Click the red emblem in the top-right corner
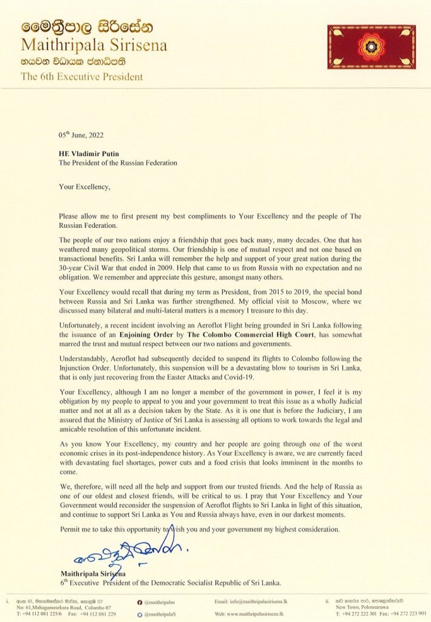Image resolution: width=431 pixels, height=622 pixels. tap(372, 47)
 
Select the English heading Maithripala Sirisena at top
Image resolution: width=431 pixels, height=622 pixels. tap(94, 46)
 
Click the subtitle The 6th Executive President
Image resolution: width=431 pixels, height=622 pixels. tap(82, 77)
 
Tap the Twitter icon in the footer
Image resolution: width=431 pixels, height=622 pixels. tap(141, 613)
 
